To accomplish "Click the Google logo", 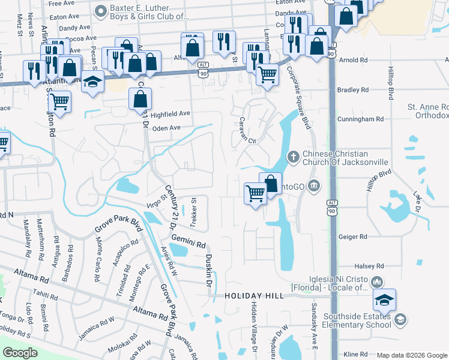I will point(20,353).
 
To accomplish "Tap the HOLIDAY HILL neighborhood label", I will point(253,296).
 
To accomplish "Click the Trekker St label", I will point(193,213).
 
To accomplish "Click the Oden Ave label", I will point(166,128).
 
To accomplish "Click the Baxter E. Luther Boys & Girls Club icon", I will point(100,10).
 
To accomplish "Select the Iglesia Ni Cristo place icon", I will point(377,281).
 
